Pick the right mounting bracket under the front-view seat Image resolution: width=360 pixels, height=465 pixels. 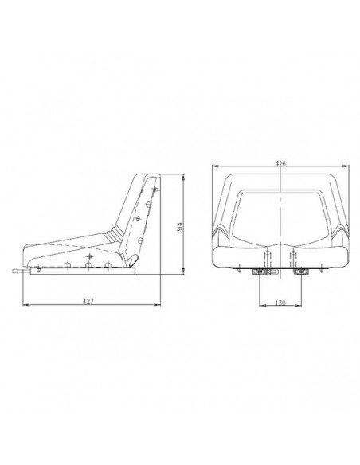299,273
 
